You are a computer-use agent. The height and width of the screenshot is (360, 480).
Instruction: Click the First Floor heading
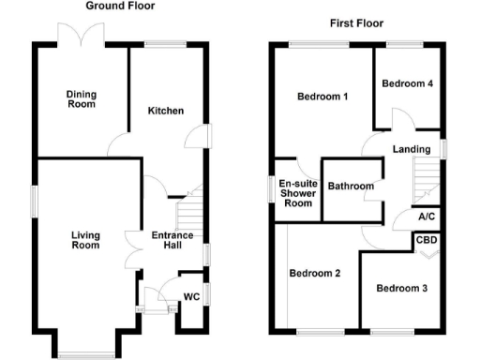click(x=357, y=22)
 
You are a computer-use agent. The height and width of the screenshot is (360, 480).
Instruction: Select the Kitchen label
click(x=165, y=111)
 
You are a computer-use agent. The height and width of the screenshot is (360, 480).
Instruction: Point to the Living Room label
click(x=85, y=240)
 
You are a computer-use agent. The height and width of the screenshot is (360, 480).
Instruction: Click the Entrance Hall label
click(x=172, y=241)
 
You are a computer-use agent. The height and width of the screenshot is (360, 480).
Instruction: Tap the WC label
click(x=191, y=297)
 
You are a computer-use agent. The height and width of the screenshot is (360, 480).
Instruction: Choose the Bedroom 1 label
click(x=322, y=97)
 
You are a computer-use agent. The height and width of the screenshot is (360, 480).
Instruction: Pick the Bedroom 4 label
click(x=407, y=83)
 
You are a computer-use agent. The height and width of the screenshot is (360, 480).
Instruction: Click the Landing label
click(x=412, y=149)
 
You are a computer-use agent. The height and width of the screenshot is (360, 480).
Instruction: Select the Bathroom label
click(x=351, y=187)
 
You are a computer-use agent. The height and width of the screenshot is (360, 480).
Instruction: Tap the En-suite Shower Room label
click(x=297, y=193)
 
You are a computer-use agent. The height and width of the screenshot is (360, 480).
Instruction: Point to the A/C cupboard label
click(x=427, y=217)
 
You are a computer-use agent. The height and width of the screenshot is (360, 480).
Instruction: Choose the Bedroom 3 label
click(x=401, y=289)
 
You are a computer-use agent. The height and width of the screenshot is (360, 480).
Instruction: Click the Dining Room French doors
click(x=80, y=36)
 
